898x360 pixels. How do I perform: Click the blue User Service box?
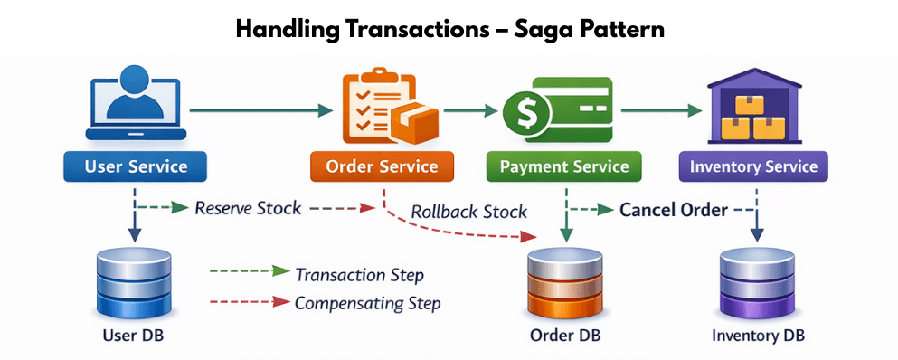[x=135, y=166]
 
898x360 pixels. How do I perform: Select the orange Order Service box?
[x=382, y=166]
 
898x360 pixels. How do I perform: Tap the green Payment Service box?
[x=564, y=166]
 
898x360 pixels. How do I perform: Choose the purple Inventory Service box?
[x=753, y=166]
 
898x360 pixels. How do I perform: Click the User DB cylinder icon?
[x=134, y=281]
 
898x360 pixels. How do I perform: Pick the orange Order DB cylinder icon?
[x=564, y=281]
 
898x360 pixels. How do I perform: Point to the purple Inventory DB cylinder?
[x=757, y=281]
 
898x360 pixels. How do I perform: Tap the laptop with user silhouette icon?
[x=136, y=103]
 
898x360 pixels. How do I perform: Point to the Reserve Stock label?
[x=248, y=208]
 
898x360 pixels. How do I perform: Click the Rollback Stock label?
[x=468, y=212]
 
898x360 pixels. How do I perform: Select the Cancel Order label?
[x=674, y=211]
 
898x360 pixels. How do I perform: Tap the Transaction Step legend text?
[x=360, y=276]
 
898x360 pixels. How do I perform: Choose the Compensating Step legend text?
[x=368, y=303]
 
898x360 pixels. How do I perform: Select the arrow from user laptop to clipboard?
[x=261, y=110]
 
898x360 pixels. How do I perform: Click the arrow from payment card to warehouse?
[x=661, y=110]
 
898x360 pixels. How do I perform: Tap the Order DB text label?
[x=565, y=336]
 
